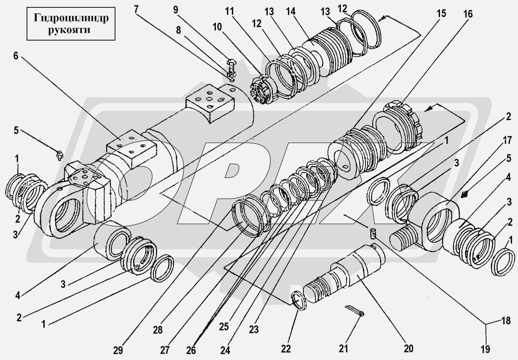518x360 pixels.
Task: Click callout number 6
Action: (x=16, y=56)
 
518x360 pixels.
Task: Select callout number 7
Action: (x=136, y=10)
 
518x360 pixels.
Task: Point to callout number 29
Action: (x=118, y=350)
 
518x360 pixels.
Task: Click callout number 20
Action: (x=409, y=349)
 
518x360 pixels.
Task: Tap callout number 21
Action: (x=343, y=349)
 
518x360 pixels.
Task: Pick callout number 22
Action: (x=286, y=349)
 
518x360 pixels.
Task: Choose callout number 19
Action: (x=485, y=349)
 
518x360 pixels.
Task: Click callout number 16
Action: (x=468, y=14)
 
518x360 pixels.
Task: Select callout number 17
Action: (x=507, y=140)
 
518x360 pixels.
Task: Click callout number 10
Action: (x=217, y=27)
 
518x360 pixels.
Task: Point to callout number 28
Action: (x=158, y=330)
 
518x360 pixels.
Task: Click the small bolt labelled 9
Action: (x=231, y=66)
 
